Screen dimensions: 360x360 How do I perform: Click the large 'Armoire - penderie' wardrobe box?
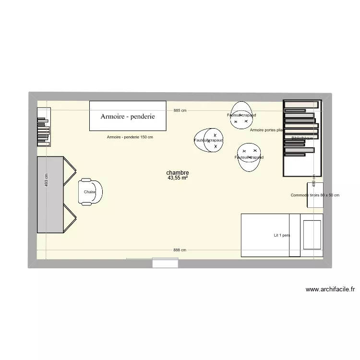point(128,116)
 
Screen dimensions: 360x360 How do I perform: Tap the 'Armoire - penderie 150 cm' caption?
point(130,137)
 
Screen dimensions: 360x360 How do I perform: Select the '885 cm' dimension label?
point(180,110)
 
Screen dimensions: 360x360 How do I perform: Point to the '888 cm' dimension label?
point(180,250)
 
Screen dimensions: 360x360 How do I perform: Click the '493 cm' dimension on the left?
point(46,180)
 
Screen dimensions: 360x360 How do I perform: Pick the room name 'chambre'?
point(178,172)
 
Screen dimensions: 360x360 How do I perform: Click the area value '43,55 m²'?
point(178,178)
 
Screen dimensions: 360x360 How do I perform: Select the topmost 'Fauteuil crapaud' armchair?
point(242,116)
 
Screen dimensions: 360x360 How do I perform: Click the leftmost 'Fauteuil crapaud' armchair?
point(209,140)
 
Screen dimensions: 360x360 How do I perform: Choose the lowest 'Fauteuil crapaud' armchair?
point(249,157)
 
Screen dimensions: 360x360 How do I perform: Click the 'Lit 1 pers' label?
point(282,235)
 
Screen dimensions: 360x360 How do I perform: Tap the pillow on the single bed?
point(312,235)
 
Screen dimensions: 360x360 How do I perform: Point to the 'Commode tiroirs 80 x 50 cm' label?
point(315,195)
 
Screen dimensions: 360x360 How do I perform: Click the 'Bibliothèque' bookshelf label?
point(302,138)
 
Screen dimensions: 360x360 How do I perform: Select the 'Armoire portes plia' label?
point(265,130)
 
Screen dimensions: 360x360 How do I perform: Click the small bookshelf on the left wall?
point(43,127)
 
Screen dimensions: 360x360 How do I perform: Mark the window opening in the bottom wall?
point(165,263)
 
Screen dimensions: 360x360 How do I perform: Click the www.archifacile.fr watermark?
point(330,289)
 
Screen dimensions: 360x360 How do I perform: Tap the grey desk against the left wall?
point(51,195)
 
